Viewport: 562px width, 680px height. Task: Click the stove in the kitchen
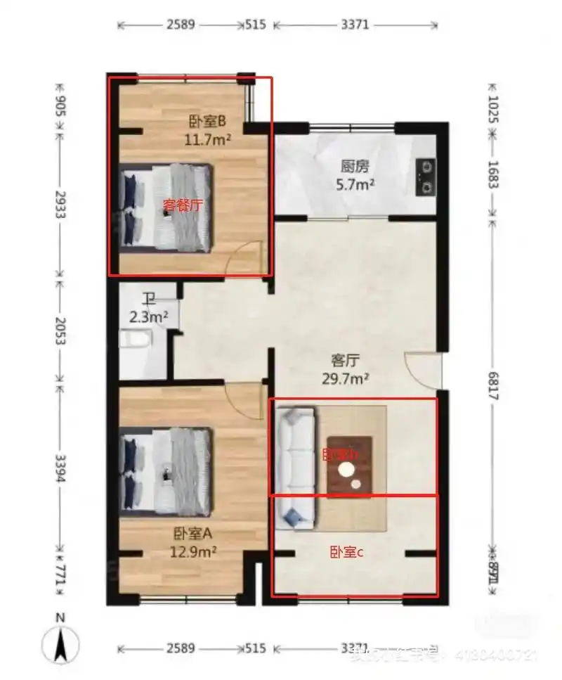point(425,177)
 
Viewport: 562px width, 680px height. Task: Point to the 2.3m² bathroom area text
point(148,316)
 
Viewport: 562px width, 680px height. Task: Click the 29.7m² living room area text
point(346,379)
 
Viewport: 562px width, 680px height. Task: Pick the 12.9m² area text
point(192,552)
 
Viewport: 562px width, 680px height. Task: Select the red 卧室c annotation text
point(346,553)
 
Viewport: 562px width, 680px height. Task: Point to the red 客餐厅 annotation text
point(183,206)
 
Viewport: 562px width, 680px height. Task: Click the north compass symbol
point(62,643)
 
